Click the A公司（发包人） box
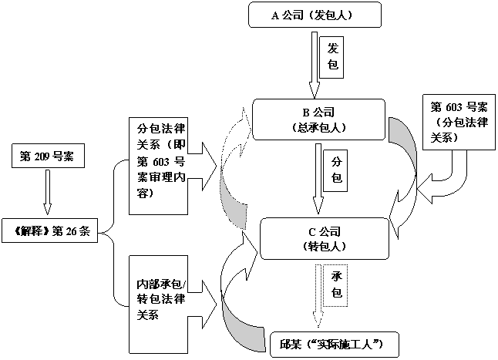316,15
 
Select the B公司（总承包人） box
316,119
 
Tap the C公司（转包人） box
316,238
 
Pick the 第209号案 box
47,156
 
